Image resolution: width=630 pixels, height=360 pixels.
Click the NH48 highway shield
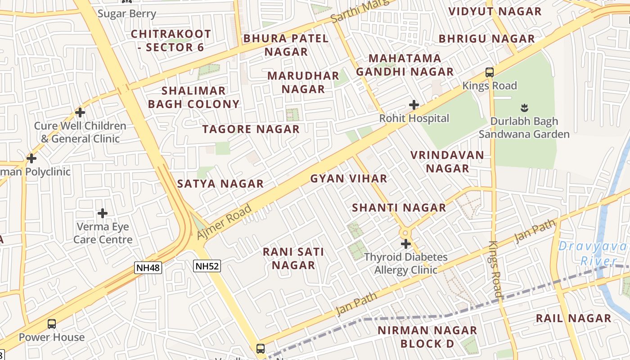[148, 268]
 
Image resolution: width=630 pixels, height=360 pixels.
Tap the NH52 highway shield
[207, 266]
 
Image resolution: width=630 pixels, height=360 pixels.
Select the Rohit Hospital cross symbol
[414, 105]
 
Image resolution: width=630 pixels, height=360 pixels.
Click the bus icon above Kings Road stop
[489, 72]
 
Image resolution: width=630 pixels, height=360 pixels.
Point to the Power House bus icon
[52, 324]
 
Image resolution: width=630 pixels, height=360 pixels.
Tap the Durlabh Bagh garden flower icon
[524, 108]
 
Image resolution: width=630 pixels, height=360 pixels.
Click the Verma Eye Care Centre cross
[103, 213]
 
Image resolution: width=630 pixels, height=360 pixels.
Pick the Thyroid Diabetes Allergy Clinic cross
[406, 244]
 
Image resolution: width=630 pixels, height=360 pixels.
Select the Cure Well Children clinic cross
[80, 112]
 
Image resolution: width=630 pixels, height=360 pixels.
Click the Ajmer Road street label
[224, 222]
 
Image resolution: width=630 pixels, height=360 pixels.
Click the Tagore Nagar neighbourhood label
[251, 130]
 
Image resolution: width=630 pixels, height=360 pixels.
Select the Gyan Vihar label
[349, 179]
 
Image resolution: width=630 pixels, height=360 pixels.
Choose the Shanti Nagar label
[399, 208]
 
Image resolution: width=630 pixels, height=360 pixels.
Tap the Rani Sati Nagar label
[293, 258]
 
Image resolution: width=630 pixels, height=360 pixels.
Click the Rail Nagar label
[573, 319]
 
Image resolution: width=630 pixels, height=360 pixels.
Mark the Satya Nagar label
[220, 184]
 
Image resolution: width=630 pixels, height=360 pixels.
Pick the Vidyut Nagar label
[495, 12]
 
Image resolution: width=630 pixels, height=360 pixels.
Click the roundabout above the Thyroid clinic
[406, 233]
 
